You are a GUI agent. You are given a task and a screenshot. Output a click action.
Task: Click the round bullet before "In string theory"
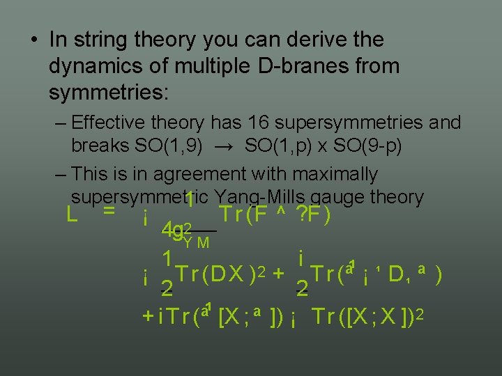pos(34,40)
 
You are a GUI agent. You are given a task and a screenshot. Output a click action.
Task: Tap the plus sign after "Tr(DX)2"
pos(278,274)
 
